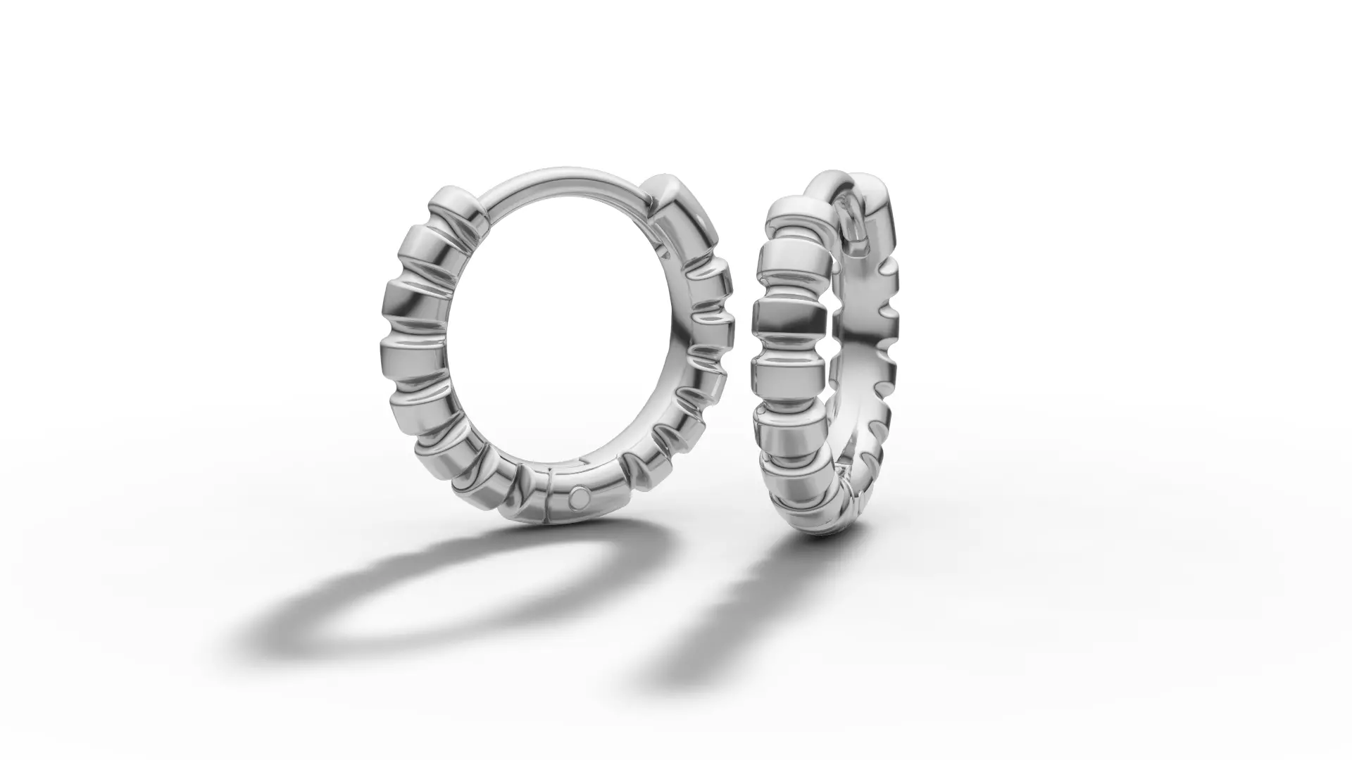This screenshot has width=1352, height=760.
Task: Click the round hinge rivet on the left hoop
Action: (580, 497)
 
